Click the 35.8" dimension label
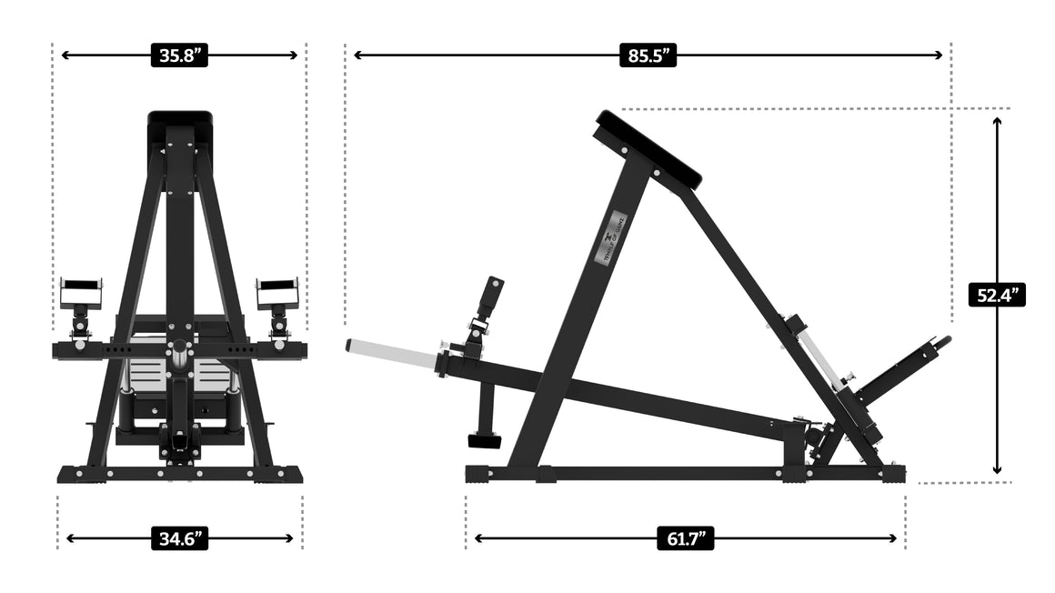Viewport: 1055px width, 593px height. click(x=180, y=55)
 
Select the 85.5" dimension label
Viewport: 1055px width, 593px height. click(x=648, y=55)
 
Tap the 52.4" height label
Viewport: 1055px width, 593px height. click(x=997, y=295)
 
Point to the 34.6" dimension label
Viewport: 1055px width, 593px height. click(x=180, y=538)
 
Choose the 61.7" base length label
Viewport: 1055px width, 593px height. click(x=685, y=538)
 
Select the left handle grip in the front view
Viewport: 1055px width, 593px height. click(x=81, y=294)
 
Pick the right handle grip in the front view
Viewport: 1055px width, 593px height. click(x=277, y=294)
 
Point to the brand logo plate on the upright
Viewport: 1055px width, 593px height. click(x=608, y=241)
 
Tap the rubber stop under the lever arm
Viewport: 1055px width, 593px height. click(x=485, y=441)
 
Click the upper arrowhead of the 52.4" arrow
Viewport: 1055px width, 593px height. click(x=997, y=122)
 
